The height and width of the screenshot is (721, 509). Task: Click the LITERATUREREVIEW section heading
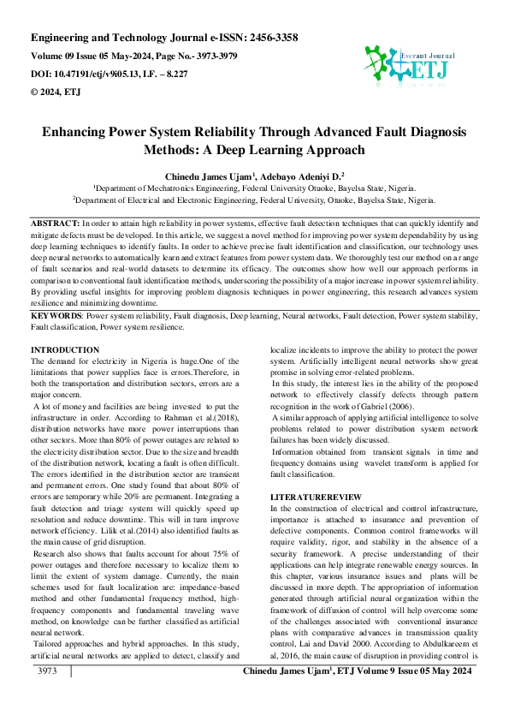pos(316,497)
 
